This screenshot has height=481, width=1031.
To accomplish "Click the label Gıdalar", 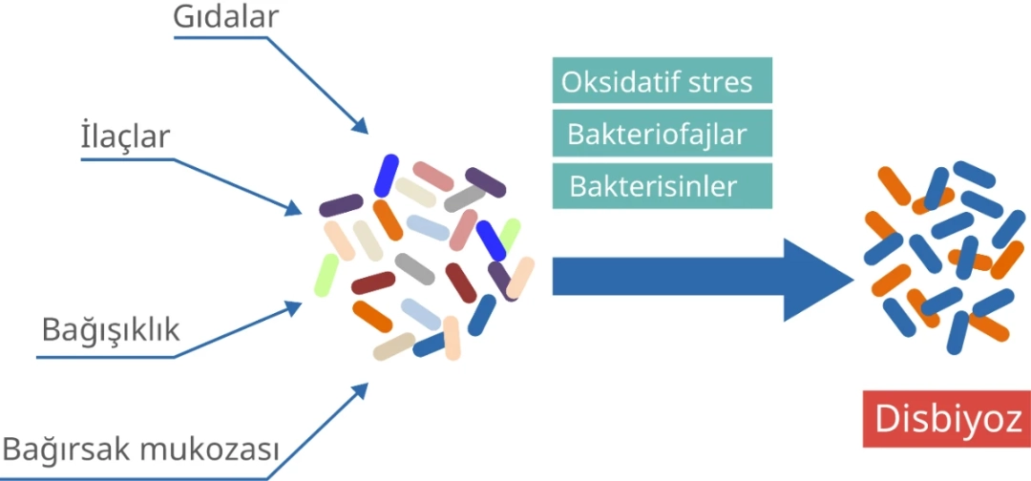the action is [x=225, y=18].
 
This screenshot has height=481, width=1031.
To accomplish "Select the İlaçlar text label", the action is [x=125, y=137].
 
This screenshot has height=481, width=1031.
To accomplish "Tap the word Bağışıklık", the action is [x=111, y=330].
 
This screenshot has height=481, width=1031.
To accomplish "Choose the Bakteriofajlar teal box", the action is [x=663, y=134].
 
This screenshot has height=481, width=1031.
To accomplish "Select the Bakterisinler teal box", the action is [x=663, y=186].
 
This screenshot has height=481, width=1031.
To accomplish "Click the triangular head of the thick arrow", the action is [x=815, y=280].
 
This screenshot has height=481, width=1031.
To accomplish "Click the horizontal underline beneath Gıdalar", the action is [x=221, y=37].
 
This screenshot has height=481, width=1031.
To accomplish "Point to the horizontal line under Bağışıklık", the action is [x=106, y=358].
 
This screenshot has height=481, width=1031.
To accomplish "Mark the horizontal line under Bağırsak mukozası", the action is [x=135, y=478].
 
